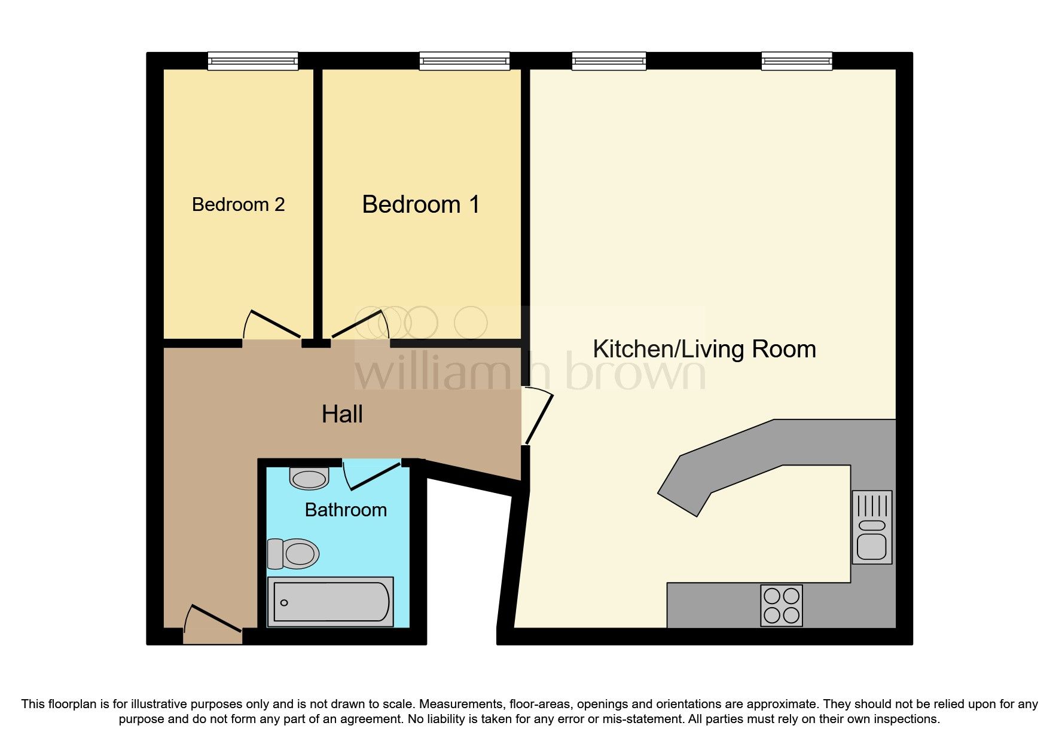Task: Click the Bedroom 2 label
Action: pyautogui.click(x=238, y=204)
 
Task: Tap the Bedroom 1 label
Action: pyautogui.click(x=421, y=204)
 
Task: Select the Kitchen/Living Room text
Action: pyautogui.click(x=704, y=349)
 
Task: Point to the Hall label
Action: pyautogui.click(x=342, y=414)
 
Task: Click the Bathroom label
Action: pyautogui.click(x=346, y=510)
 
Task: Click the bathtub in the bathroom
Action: pyautogui.click(x=331, y=602)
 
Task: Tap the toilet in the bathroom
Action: pyautogui.click(x=294, y=553)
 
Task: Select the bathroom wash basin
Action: pyautogui.click(x=309, y=478)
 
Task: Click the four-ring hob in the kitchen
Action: pyautogui.click(x=782, y=605)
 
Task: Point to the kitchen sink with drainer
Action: pyautogui.click(x=872, y=527)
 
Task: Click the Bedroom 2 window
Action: pyautogui.click(x=252, y=60)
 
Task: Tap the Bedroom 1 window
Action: pyautogui.click(x=465, y=60)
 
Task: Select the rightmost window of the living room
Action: pyautogui.click(x=796, y=60)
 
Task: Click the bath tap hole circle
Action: pyautogui.click(x=284, y=602)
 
